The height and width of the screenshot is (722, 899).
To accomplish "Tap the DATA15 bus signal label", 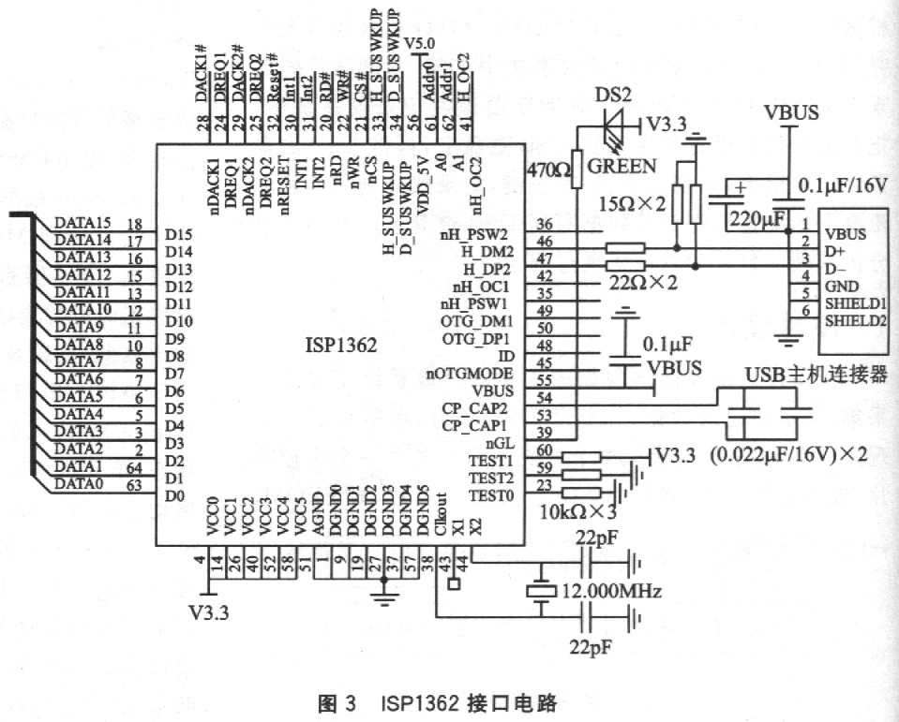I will [x=82, y=223].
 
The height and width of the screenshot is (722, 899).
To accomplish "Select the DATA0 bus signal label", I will [x=79, y=483].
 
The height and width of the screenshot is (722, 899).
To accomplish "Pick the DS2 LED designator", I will [x=613, y=96].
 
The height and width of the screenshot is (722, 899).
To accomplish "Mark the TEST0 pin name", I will [x=489, y=494].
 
